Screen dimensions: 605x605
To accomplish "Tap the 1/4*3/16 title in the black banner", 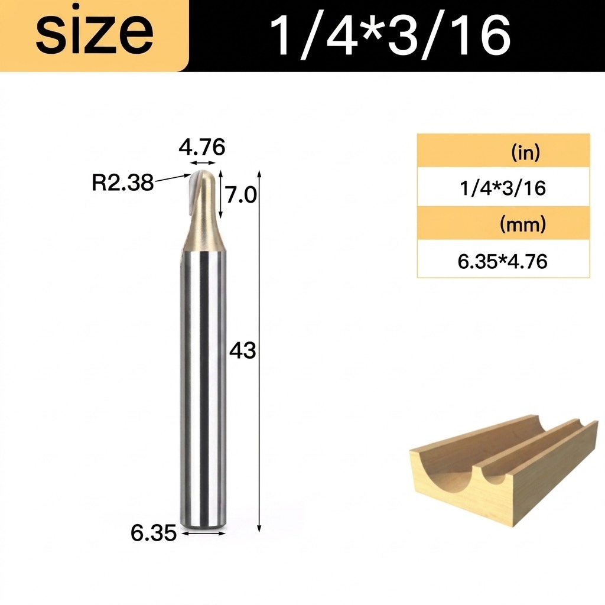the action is click(390, 37).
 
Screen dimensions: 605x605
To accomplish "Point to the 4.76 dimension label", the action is click(202, 147).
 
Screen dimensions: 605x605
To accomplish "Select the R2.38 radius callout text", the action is click(123, 183).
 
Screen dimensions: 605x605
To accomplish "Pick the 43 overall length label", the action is click(243, 351).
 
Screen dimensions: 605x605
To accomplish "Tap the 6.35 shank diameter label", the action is click(154, 533).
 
